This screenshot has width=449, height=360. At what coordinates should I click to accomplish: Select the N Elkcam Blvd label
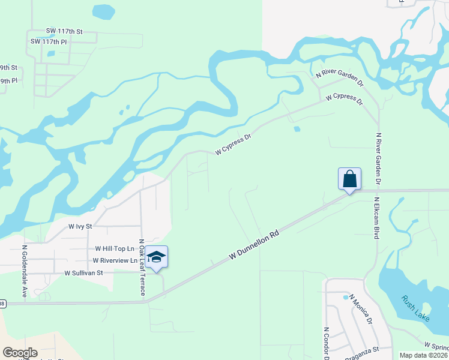376,218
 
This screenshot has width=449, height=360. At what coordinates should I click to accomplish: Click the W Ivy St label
80,227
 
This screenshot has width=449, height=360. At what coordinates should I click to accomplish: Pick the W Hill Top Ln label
114,248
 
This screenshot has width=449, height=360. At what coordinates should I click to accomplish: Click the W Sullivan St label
84,272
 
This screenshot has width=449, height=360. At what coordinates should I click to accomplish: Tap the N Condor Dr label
327,343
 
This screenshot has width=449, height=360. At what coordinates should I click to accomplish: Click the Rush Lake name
415,309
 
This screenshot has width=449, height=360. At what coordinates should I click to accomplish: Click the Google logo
20,353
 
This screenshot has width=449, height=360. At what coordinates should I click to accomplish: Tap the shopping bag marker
349,179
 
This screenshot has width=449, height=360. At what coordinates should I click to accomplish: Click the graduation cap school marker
156,257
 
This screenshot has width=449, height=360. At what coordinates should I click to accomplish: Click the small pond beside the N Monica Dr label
346,297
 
